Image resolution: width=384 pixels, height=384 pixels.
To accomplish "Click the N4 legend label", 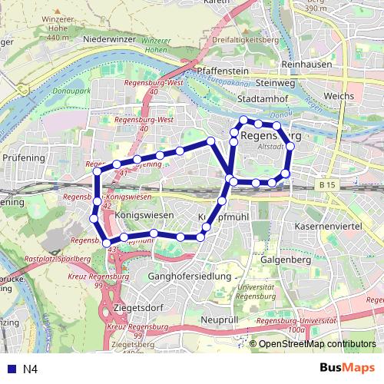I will coord(31,369).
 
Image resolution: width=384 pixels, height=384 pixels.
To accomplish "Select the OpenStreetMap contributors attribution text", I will coord(317,344).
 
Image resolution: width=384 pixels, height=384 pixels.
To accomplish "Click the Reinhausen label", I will coord(306,65).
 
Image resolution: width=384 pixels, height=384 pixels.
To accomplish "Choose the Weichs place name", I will coord(339,96).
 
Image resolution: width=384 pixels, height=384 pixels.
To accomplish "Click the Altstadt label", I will coord(272,146).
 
